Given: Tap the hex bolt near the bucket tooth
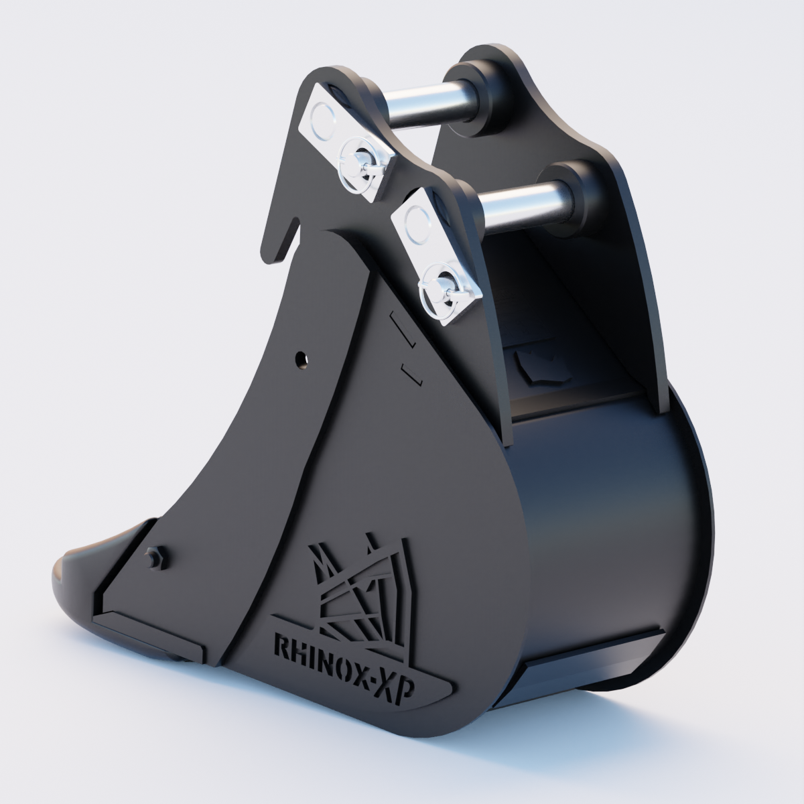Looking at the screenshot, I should click(x=153, y=555).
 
